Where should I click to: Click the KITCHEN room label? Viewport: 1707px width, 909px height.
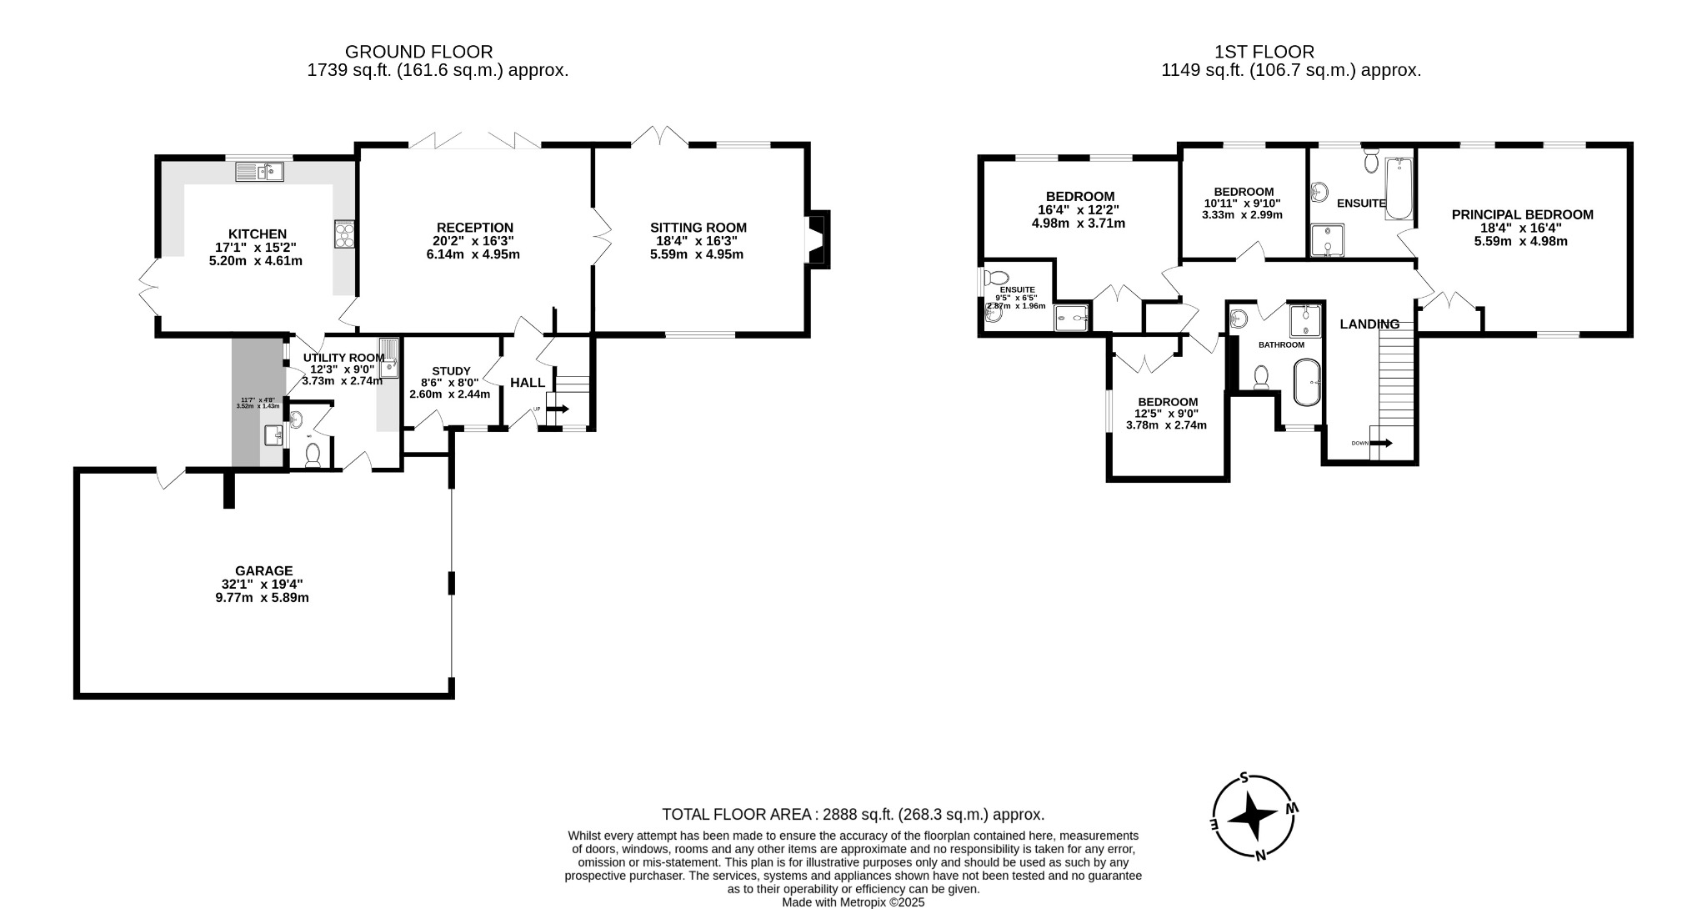(x=257, y=234)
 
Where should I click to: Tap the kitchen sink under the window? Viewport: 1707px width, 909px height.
(x=260, y=173)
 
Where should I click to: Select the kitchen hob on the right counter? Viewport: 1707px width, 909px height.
(x=344, y=234)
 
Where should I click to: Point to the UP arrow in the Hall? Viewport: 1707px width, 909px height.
(x=558, y=409)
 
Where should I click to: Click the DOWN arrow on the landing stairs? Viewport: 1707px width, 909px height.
(x=1380, y=443)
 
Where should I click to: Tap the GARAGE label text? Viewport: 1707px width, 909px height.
(x=263, y=570)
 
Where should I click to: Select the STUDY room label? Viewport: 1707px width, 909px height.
(x=451, y=371)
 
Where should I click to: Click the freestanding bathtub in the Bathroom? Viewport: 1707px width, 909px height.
(x=1306, y=383)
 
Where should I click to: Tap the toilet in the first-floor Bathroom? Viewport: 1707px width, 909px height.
(x=1261, y=378)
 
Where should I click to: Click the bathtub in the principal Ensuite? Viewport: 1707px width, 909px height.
(x=1397, y=189)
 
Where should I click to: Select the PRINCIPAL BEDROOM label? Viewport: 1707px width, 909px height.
(x=1522, y=214)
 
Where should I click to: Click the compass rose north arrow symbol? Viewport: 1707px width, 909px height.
(x=1252, y=816)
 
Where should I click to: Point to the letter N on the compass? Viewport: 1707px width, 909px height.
(x=1260, y=854)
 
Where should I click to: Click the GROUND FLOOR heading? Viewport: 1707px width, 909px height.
(x=418, y=52)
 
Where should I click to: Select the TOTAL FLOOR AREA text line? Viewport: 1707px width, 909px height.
(x=853, y=815)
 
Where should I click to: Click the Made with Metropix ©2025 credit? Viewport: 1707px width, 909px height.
(x=853, y=902)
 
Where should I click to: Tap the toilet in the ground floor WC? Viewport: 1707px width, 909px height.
(x=313, y=454)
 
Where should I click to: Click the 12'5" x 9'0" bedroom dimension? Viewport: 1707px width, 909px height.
(x=1166, y=414)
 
